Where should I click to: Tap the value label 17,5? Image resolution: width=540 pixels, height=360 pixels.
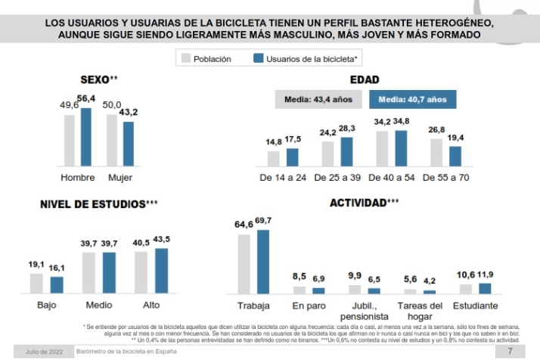[293, 140]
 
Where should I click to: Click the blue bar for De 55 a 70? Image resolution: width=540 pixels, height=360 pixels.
[455, 155]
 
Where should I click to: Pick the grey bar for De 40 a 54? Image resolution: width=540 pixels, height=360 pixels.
[382, 148]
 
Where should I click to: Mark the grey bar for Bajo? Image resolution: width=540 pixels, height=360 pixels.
[36, 283]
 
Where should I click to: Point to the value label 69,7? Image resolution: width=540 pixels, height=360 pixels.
[263, 220]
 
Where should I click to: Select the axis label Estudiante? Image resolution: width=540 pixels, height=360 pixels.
[475, 306]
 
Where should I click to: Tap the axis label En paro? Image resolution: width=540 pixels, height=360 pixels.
[309, 306]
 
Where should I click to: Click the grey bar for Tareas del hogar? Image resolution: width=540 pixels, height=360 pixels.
[411, 290]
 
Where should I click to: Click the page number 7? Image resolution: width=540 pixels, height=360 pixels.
[510, 352]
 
